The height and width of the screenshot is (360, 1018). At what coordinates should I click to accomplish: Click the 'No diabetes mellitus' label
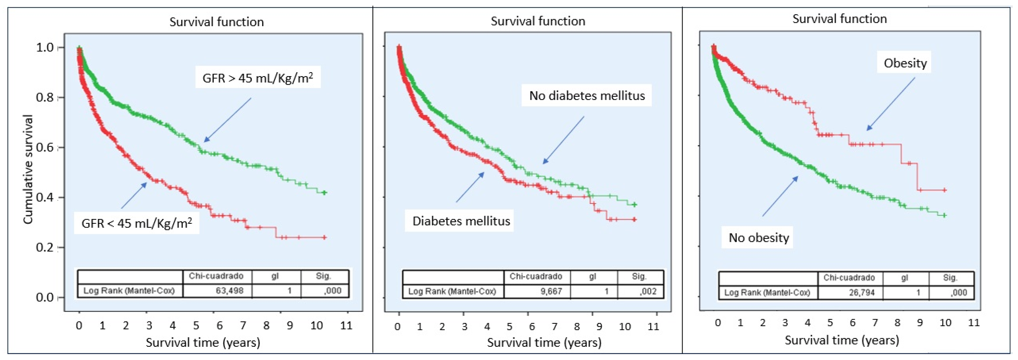(x=587, y=95)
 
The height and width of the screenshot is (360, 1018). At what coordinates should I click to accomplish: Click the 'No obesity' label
(x=759, y=237)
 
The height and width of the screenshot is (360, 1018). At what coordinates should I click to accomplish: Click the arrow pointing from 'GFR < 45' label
(x=134, y=195)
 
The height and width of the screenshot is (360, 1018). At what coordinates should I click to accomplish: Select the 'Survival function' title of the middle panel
(x=538, y=21)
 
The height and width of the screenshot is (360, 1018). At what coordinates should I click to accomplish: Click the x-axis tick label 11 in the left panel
(x=346, y=326)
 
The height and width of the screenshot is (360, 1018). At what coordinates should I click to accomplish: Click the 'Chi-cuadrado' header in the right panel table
(x=849, y=278)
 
